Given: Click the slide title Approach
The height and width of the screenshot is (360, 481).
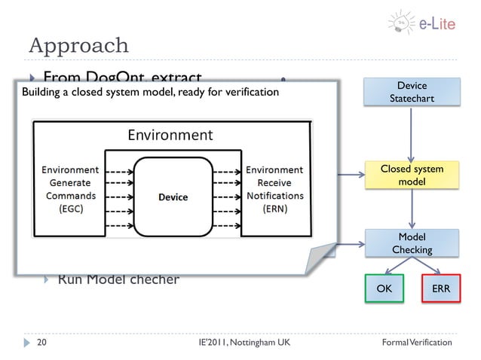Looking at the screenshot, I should click(78, 45).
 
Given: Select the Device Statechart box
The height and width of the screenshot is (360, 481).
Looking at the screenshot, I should click(412, 93).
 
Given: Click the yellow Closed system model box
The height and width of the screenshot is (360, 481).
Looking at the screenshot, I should click(412, 175).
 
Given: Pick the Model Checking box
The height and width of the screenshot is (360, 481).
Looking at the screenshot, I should click(412, 243).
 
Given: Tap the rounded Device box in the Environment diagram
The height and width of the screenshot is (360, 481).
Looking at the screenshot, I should click(173, 197).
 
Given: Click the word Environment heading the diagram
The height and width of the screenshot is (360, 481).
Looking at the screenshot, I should click(170, 136).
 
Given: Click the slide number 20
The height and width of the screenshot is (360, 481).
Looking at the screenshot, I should click(42, 343).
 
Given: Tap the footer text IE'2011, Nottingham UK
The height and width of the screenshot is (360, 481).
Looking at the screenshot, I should click(240, 343).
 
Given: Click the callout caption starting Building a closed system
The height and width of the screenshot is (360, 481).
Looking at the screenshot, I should click(150, 93).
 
